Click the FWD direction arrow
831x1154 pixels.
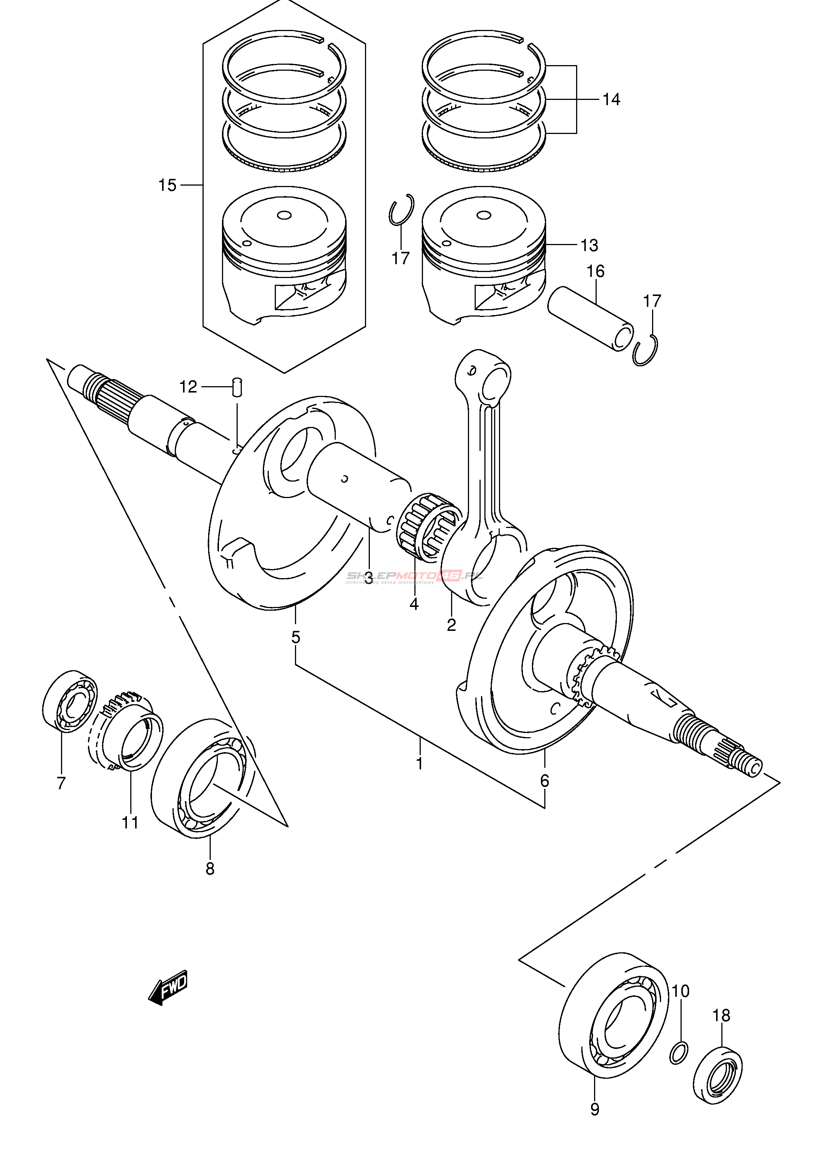click(x=168, y=987)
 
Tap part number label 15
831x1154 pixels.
click(x=167, y=186)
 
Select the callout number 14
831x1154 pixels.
click(x=611, y=100)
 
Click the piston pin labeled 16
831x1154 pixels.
click(x=590, y=318)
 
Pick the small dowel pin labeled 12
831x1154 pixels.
click(x=238, y=387)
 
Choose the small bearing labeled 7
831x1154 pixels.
click(x=70, y=700)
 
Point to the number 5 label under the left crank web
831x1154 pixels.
click(x=296, y=637)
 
